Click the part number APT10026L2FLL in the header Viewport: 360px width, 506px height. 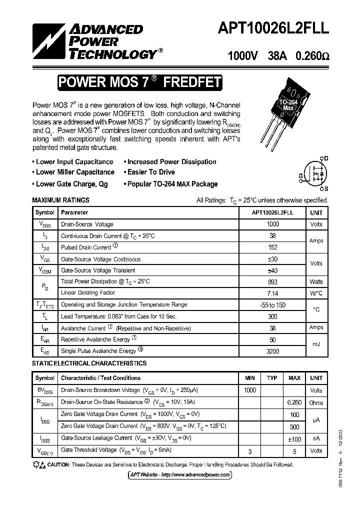click(x=272, y=29)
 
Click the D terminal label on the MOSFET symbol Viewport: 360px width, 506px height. click(x=326, y=158)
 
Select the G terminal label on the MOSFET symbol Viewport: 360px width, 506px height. click(x=301, y=175)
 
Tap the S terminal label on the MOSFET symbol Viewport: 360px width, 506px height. click(x=326, y=188)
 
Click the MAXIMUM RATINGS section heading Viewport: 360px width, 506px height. click(x=60, y=200)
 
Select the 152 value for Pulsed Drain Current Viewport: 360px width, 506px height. click(x=273, y=247)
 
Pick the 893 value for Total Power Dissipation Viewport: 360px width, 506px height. click(x=273, y=282)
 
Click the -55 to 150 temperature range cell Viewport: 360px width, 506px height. click(x=273, y=304)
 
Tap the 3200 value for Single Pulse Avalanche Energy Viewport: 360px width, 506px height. click(x=273, y=351)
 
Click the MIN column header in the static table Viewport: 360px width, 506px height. click(x=249, y=378)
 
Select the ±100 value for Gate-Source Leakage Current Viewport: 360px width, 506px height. click(x=294, y=438)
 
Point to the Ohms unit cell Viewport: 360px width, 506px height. click(x=316, y=402)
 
